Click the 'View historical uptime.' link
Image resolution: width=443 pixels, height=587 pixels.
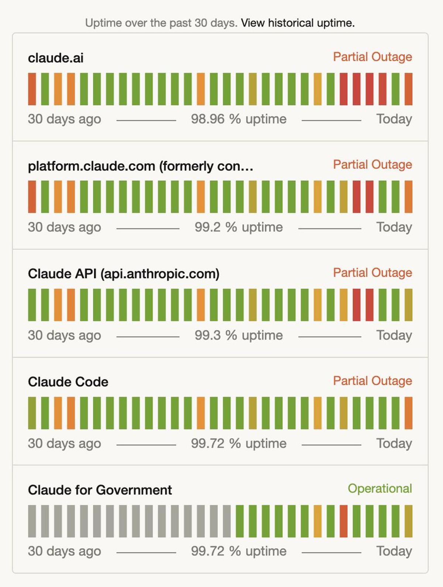point(298,23)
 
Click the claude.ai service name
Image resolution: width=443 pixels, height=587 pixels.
point(56,58)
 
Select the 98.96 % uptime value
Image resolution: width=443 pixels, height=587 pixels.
point(238,119)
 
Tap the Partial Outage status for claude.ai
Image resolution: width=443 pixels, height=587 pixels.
point(372,57)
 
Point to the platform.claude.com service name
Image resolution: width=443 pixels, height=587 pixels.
point(140,166)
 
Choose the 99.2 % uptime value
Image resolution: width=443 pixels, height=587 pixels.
point(238,227)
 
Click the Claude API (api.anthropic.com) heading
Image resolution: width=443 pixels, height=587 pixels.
point(124,274)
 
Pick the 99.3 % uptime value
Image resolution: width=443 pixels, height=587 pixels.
point(238,335)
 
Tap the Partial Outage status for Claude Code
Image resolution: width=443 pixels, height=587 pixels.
point(372,381)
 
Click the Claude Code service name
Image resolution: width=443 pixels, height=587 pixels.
point(68,382)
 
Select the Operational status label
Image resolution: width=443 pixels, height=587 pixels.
point(380,489)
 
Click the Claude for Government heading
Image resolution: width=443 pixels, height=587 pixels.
point(100,490)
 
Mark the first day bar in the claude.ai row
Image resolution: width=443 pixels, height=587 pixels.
point(32,89)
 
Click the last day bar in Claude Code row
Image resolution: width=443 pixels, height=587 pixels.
point(408,413)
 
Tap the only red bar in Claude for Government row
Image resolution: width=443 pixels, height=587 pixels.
point(343,521)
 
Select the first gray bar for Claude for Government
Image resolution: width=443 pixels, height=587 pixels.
point(32,521)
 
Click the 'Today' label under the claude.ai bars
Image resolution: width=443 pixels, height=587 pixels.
point(394,119)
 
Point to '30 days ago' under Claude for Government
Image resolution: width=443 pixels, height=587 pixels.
point(64,551)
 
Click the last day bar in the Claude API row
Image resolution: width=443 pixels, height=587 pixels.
point(408,305)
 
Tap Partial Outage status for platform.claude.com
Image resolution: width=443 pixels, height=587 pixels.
point(372,164)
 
